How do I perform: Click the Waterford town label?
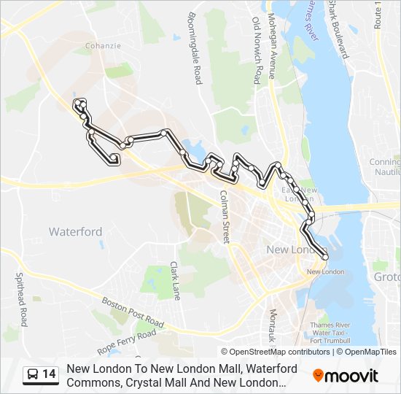75,232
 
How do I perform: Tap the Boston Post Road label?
133,311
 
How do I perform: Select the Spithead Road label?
21,298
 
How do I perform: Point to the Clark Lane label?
175,281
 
